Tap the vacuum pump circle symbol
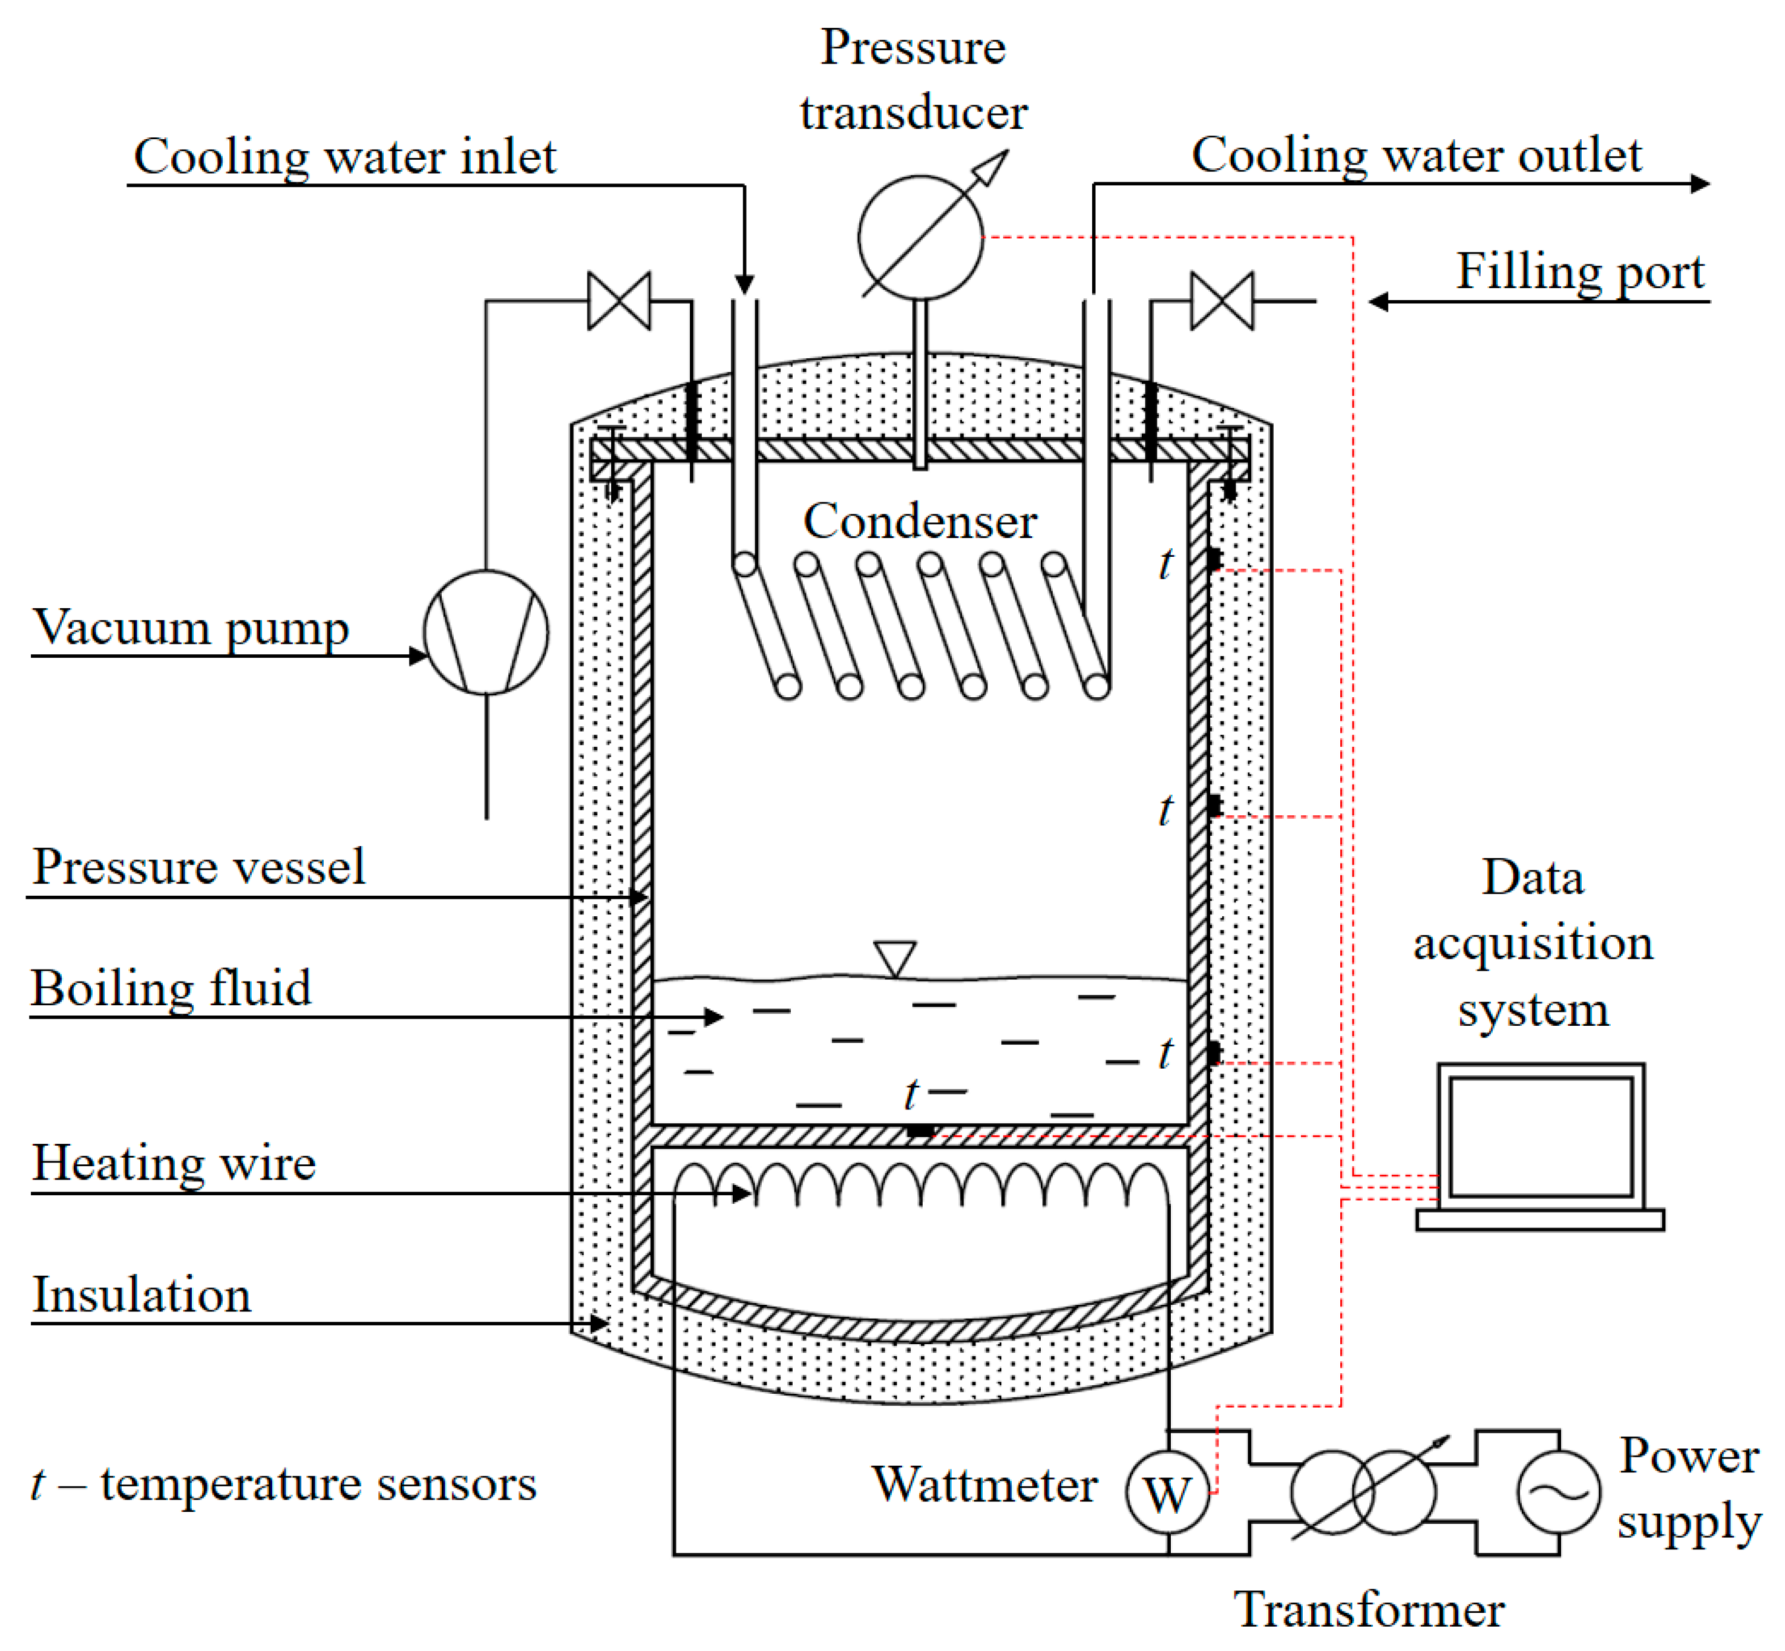click(x=486, y=632)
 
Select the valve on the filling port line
click(x=1221, y=301)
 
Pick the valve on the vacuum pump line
click(x=618, y=301)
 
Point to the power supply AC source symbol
click(x=1558, y=1492)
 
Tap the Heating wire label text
click(x=174, y=1163)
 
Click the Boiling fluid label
click(x=171, y=988)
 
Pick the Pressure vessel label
click(x=198, y=865)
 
